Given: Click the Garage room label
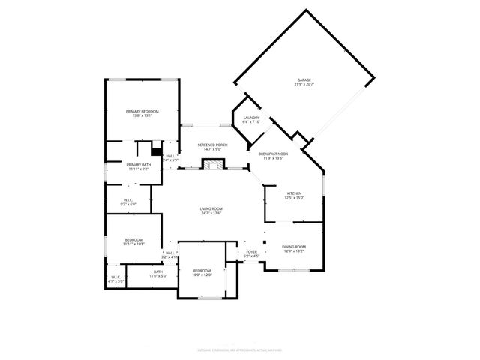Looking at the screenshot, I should pos(304,79).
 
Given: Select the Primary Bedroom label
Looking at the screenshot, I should pos(142,111).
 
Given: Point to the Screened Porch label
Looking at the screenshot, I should pos(212,144).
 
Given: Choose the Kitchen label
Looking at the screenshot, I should pos(294,193).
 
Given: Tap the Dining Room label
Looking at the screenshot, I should pos(294,247).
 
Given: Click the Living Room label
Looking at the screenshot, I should pos(212,208).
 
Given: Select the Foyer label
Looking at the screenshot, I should pos(251,252).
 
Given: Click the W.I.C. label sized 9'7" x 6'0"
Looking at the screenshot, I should pos(127,199).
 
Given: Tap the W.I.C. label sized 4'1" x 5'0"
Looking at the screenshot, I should pos(116,277).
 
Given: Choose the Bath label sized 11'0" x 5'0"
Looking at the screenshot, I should pos(157,271).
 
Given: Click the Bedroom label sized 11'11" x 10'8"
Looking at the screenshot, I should pos(133,239).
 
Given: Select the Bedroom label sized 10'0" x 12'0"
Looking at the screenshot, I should pos(202,270).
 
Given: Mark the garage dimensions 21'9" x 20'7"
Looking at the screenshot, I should pos(304,84).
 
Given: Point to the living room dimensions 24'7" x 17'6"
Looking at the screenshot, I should pos(212,213).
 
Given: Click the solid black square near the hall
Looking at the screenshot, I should pos(157,148).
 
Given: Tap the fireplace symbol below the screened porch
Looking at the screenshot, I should pos(214,164).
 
